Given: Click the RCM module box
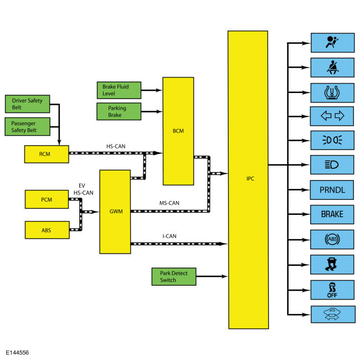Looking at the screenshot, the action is (x=47, y=154).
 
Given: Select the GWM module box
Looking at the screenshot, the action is (x=115, y=212).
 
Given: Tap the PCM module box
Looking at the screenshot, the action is (x=47, y=199).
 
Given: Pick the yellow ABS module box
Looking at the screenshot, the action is (x=47, y=230).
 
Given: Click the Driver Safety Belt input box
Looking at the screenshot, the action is (x=27, y=104).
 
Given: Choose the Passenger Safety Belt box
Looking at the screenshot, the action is (x=27, y=126).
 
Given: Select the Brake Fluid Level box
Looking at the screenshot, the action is (x=119, y=90).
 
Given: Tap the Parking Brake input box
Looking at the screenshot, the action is (x=119, y=111).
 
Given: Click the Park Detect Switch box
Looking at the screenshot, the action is (x=174, y=277).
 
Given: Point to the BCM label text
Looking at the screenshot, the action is (x=178, y=131).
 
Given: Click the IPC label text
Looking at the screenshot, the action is (x=250, y=179).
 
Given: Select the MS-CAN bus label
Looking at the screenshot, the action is (x=169, y=203).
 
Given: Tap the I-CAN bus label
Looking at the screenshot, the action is (x=169, y=236).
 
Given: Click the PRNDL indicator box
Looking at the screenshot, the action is (x=332, y=190).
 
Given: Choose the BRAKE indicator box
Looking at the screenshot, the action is (x=332, y=214).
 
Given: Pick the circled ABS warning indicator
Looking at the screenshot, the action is (x=332, y=239).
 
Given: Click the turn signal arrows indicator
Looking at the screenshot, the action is (x=332, y=116).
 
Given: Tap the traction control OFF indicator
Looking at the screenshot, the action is (x=332, y=290).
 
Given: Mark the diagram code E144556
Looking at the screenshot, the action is (x=17, y=353).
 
